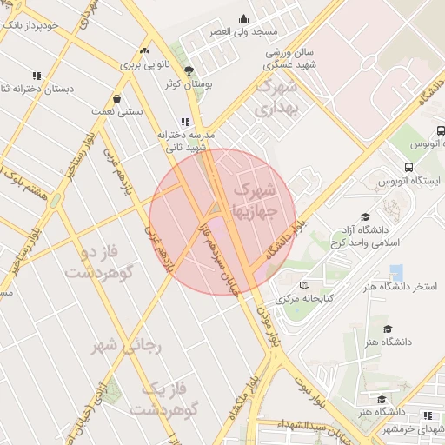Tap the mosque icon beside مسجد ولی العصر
[x=243, y=18]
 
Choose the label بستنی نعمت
[x=116, y=112]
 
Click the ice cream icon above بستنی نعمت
[x=117, y=98]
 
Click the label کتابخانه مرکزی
[x=305, y=298]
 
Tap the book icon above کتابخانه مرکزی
[x=304, y=283]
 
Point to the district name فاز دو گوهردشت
[x=103, y=262]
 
